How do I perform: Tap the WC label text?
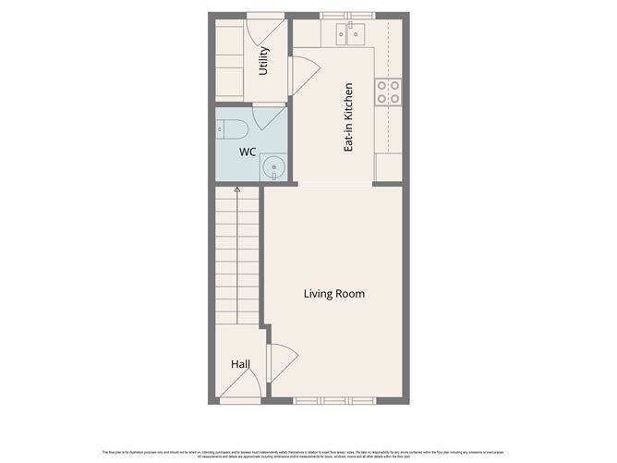click(x=248, y=151)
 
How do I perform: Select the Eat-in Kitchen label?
click(x=349, y=117)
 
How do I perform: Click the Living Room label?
click(x=334, y=294)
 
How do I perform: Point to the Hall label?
click(x=240, y=365)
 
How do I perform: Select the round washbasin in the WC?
click(x=272, y=167)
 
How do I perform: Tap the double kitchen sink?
click(x=351, y=34)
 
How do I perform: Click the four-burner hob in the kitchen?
click(x=388, y=91)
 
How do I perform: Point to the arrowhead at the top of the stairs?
click(x=237, y=189)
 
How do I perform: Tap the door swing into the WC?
click(x=270, y=118)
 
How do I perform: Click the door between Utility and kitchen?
click(x=303, y=71)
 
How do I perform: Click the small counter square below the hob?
click(x=389, y=167)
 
